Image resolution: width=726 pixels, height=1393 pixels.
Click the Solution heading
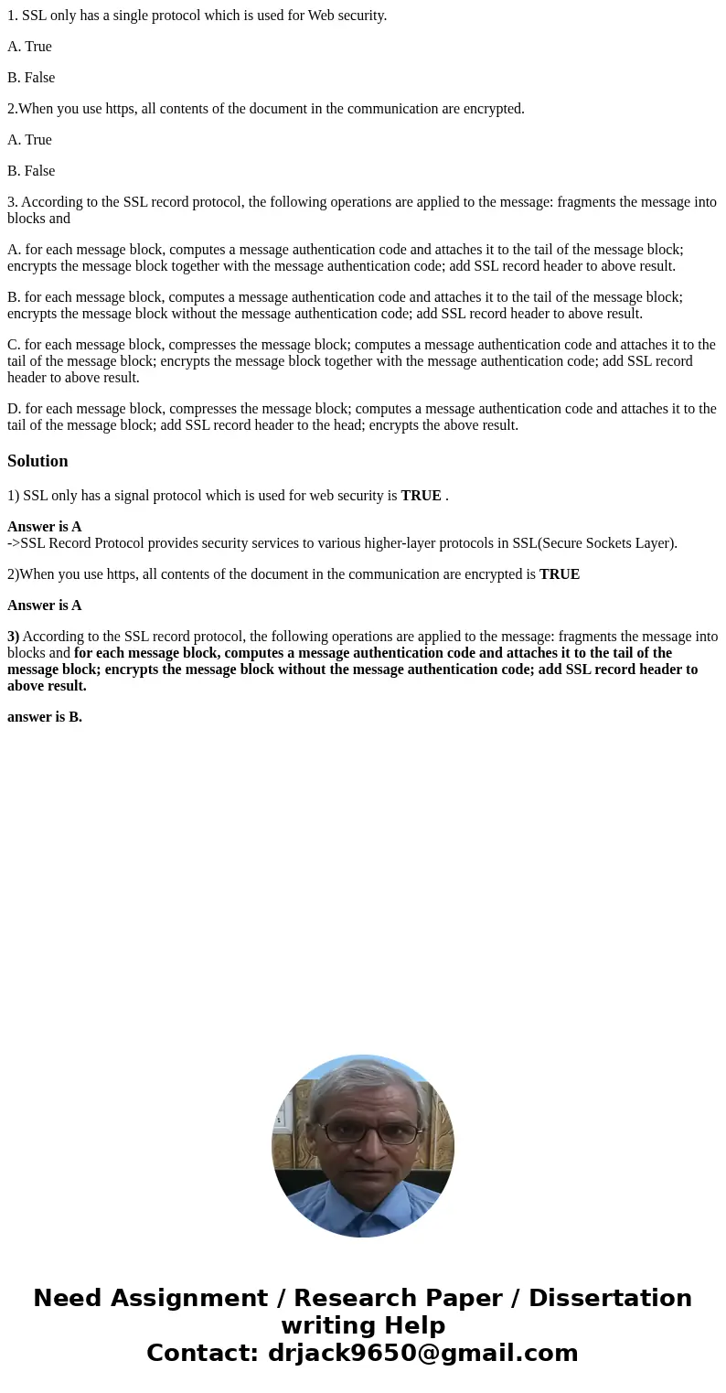(37, 461)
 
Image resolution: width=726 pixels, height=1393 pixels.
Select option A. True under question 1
(29, 47)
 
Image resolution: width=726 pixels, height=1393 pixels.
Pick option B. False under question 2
(31, 171)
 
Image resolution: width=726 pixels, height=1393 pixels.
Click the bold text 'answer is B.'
(45, 717)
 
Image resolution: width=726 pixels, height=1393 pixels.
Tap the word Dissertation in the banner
(610, 1298)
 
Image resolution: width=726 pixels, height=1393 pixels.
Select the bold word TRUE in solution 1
(421, 496)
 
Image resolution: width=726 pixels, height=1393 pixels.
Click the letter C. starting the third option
(14, 345)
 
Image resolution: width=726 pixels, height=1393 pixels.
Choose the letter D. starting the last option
(14, 409)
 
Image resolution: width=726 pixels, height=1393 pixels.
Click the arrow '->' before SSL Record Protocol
(14, 543)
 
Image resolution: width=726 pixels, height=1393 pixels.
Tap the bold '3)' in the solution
(14, 637)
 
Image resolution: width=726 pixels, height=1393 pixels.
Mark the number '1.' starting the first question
(12, 16)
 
